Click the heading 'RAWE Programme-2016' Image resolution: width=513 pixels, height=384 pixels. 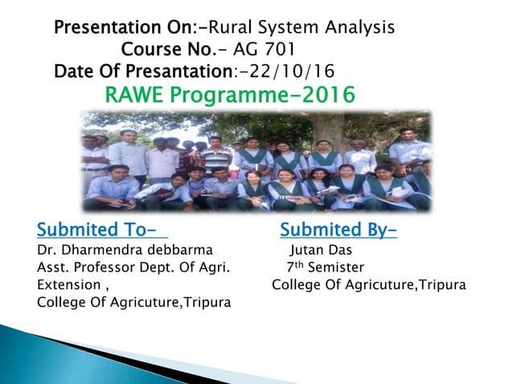tap(230, 96)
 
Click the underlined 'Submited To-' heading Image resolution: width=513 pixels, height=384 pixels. tap(102, 232)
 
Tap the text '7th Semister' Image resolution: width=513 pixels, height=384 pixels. tap(325, 268)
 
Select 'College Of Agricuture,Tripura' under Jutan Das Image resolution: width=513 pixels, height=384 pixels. tap(368, 285)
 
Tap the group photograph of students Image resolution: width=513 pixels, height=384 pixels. tap(256, 161)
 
